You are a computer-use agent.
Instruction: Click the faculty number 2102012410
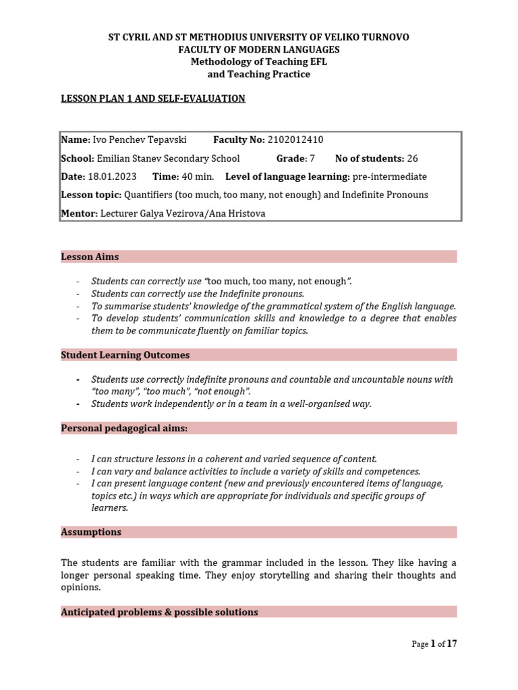point(296,140)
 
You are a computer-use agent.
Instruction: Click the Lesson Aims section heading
point(90,257)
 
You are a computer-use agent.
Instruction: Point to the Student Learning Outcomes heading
point(125,355)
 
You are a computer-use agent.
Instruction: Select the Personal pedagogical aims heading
point(125,429)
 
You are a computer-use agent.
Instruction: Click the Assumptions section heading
point(91,532)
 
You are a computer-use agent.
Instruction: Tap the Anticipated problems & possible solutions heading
point(159,613)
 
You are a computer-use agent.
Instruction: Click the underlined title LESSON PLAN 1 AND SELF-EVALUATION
point(153,99)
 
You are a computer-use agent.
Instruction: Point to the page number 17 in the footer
point(452,644)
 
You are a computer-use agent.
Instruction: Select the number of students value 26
point(413,158)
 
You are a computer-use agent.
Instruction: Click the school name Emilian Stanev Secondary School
point(169,158)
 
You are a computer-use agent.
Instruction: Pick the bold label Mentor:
point(80,213)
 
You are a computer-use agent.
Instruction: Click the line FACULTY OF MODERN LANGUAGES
point(259,50)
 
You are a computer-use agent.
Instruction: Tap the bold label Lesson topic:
point(91,195)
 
